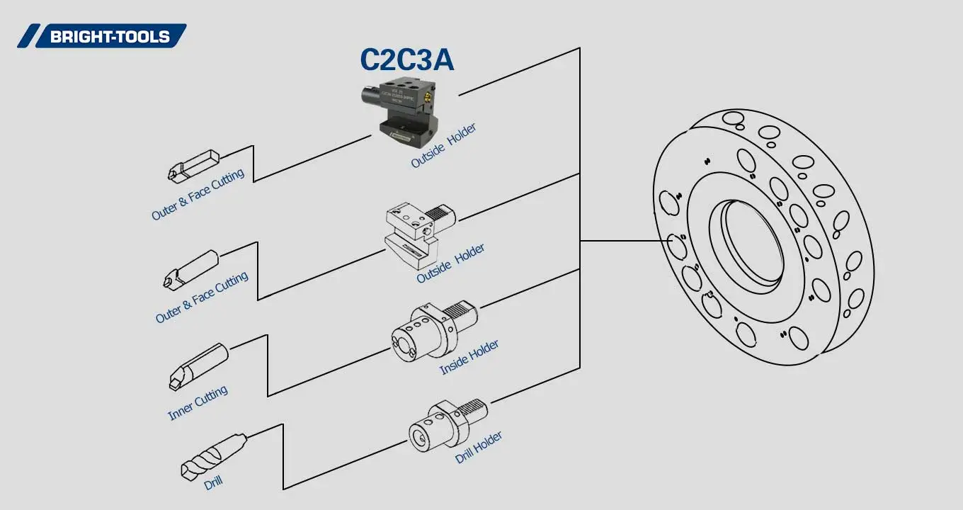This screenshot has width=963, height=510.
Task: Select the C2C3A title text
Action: click(406, 60)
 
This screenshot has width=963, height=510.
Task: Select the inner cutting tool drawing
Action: click(198, 365)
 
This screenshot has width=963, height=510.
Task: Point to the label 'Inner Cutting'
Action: click(198, 403)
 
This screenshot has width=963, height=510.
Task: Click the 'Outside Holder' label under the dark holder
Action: click(443, 146)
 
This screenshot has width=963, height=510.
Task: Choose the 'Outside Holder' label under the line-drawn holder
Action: click(450, 263)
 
